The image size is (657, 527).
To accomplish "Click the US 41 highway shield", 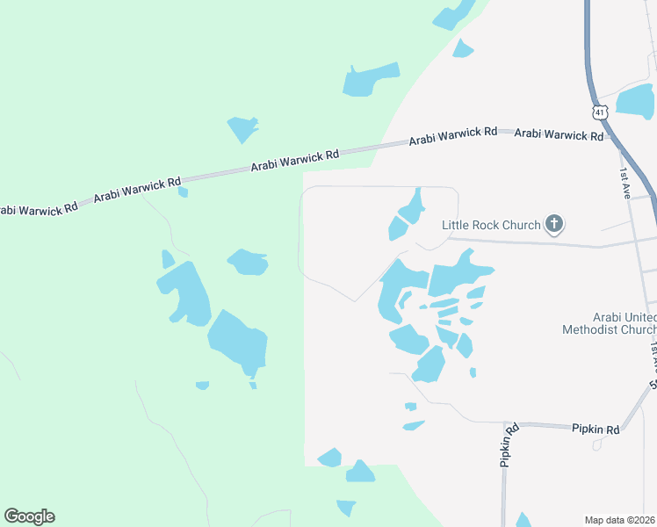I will coord(598,112).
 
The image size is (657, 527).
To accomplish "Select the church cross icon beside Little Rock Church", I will coord(553,225).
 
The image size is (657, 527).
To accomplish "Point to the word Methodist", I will coord(596,329).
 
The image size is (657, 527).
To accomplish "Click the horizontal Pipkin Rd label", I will coord(596,430).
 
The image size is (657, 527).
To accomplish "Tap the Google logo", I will coord(29,516).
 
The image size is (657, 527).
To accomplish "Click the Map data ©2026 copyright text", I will coord(620,519).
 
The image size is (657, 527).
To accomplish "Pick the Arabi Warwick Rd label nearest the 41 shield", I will coord(559,134).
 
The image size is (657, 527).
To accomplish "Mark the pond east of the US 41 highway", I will coord(635,102).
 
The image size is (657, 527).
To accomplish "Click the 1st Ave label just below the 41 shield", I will coord(625,183).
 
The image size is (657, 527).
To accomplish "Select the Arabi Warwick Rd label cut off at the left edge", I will coord(37,208).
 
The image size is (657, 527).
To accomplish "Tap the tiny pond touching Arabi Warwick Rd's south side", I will coord(183,191).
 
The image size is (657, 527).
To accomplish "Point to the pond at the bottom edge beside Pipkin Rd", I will coord(523,520).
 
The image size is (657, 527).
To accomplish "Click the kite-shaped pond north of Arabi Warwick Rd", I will coord(242,128).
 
